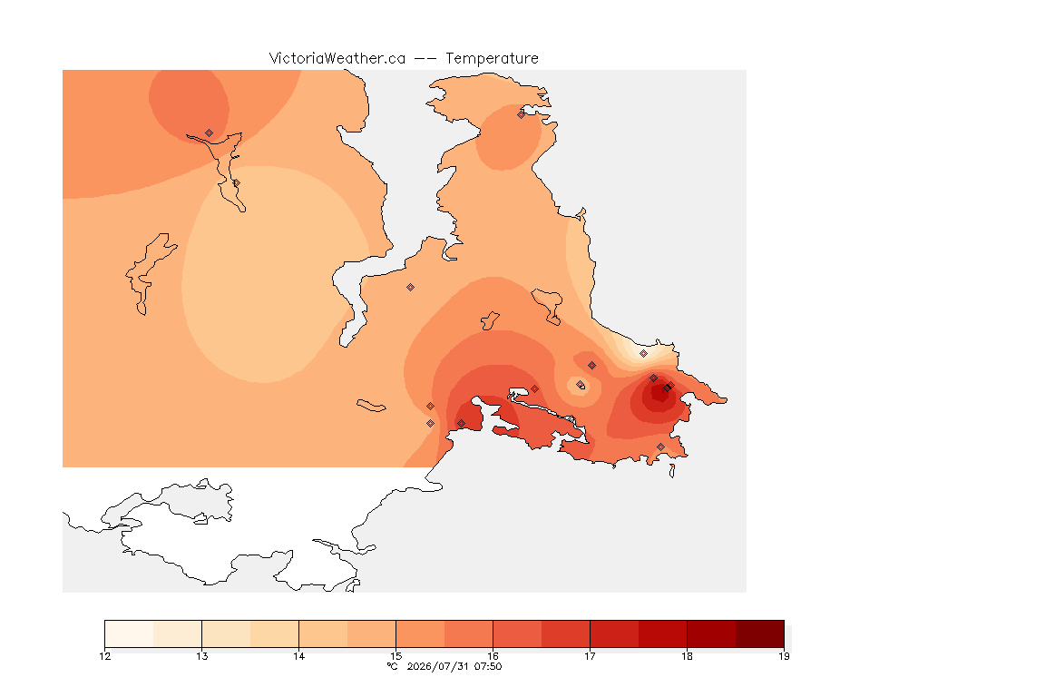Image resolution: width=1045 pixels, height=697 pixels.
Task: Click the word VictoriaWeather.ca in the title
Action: coord(337,58)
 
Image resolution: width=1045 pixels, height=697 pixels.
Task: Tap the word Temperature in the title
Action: coord(492,58)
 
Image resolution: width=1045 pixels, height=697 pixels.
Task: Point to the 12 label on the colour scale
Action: coord(104,656)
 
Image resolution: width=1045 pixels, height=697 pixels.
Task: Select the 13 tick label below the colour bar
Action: coord(202,656)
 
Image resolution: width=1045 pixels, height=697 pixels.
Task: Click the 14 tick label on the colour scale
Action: coord(298,656)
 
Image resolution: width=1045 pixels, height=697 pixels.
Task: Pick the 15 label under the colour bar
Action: coord(396,656)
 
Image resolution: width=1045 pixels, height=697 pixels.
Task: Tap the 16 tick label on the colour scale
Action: coord(493,656)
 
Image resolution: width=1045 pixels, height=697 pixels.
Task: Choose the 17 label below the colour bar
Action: coord(590,656)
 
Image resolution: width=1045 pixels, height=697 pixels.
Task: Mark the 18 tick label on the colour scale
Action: coord(687,656)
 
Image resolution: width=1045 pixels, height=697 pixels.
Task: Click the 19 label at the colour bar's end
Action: coord(784,656)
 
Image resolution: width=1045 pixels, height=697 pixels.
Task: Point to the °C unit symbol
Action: coord(393,666)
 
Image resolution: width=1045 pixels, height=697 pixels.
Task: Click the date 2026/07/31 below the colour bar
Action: coord(437,666)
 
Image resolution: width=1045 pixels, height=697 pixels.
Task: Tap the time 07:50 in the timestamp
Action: coord(488,666)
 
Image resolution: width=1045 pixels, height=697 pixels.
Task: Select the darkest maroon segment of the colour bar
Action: coord(760,633)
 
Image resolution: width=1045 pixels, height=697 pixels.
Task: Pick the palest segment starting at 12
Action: coord(130,633)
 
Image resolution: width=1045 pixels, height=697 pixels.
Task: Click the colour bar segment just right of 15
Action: coord(420,633)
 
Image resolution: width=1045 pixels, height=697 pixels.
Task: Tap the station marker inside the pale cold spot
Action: coord(643,354)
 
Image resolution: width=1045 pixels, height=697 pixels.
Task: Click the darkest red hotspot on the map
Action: coord(659,394)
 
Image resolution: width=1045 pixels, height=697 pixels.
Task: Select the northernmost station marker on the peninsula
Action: coord(521,114)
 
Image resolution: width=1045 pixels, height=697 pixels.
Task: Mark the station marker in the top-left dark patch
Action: coord(210,133)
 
